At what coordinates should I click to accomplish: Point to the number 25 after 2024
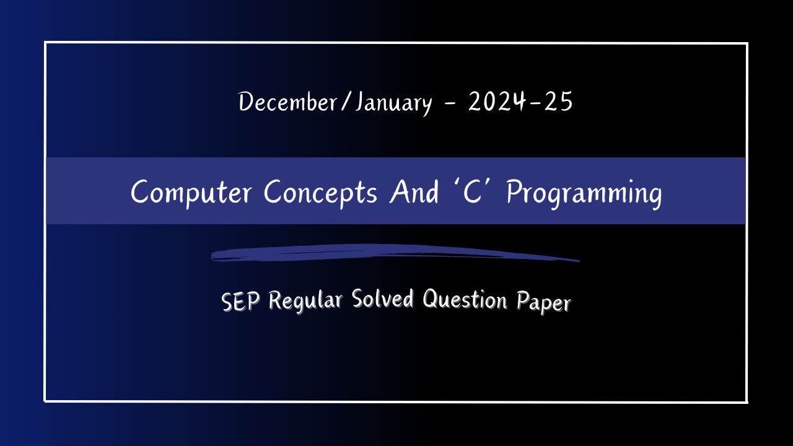pos(558,102)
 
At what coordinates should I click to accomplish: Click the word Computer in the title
pos(191,192)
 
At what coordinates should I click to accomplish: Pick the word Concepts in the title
pos(320,192)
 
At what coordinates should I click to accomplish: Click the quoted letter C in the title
pos(474,192)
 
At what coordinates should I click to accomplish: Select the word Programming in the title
pos(584,193)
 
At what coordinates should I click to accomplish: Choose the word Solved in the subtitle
pos(382,300)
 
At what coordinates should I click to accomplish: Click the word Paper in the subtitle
pos(543,303)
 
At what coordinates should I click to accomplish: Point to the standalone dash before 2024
pos(450,104)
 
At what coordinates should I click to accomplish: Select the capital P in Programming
pos(514,192)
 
